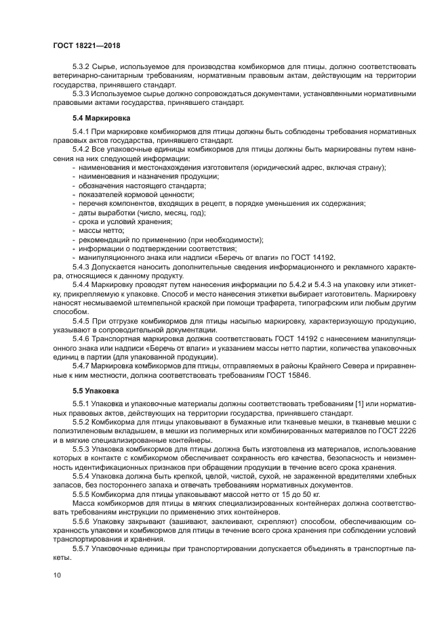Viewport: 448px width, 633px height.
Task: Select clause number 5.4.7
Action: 81,366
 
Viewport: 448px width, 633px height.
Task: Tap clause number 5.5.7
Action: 81,548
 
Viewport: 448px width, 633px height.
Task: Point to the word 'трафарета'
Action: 262,303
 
